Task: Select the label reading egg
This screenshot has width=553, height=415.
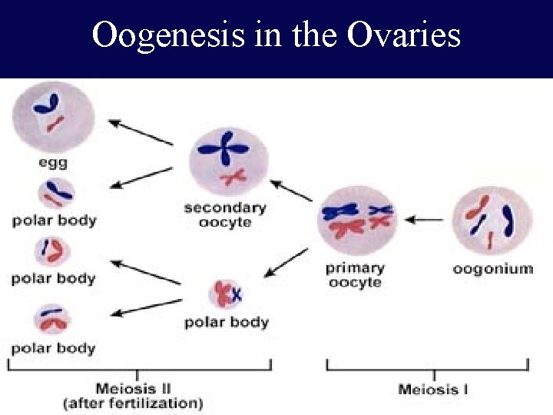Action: click(x=53, y=162)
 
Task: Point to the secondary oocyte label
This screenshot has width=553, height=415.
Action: click(x=225, y=214)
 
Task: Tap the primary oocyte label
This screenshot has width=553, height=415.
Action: click(x=355, y=275)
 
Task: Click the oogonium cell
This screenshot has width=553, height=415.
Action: click(x=492, y=218)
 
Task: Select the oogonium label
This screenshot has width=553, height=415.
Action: click(x=492, y=268)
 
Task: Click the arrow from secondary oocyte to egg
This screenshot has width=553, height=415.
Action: click(x=141, y=132)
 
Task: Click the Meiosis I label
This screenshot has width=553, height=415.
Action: click(x=433, y=389)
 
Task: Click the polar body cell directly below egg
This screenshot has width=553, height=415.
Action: click(x=53, y=192)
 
